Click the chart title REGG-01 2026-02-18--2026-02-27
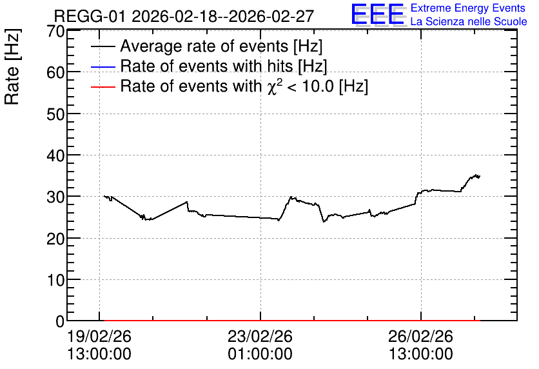tap(184, 16)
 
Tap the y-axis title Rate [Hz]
tap(12, 66)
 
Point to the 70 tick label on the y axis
tap(55, 32)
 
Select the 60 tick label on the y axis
tap(55, 72)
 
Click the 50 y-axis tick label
tap(55, 114)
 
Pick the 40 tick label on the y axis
tap(55, 155)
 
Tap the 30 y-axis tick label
tap(55, 197)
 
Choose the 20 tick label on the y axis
tap(55, 239)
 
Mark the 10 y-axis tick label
tap(55, 280)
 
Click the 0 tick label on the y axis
tap(60, 321)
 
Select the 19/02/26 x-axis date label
tap(99, 336)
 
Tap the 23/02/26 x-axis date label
tap(260, 336)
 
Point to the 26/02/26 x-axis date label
tap(421, 336)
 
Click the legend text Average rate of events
tap(204, 46)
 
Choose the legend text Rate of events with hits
tap(206, 66)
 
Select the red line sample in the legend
tap(103, 87)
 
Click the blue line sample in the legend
tap(103, 66)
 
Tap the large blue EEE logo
tap(378, 14)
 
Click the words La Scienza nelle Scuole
tap(469, 21)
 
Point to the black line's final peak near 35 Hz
tap(476, 175)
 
